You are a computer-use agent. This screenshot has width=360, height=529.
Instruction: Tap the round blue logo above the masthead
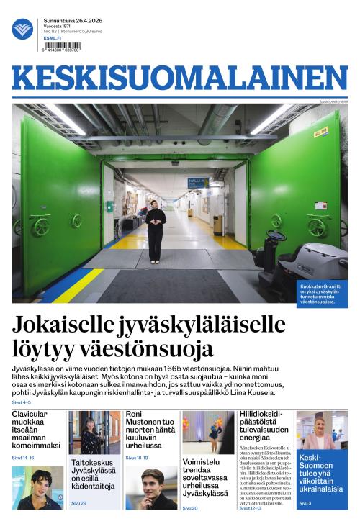coord(22,29)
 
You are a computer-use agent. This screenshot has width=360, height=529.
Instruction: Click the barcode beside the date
coord(63,45)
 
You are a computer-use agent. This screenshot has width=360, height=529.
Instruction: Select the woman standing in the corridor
coord(156,230)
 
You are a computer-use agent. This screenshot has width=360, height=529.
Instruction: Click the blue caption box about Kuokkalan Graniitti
coord(323,294)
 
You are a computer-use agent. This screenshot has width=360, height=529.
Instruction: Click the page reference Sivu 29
coord(78,503)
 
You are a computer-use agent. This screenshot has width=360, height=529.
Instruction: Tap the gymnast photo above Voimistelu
coord(208,432)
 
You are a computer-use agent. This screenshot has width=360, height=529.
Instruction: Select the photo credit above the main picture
coord(333,101)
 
